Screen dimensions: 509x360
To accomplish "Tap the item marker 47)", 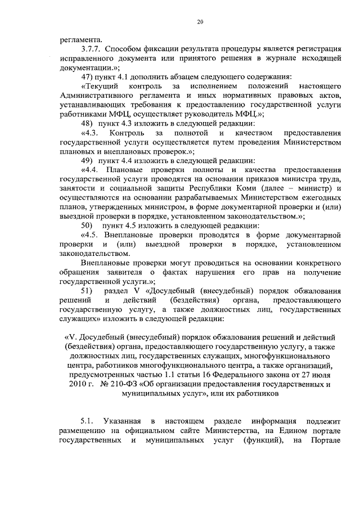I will [x=89, y=76].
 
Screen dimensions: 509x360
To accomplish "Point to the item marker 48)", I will [x=89, y=123].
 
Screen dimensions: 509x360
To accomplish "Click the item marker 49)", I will [x=89, y=160].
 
